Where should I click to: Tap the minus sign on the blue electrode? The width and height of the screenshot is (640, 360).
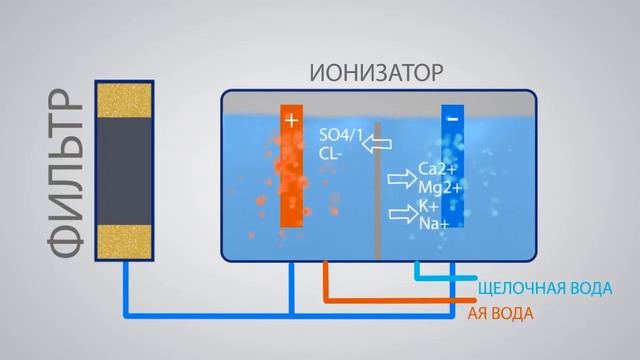point(453,119)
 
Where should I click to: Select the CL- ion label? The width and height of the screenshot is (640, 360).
point(332,154)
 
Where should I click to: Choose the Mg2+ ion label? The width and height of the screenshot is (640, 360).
point(439,187)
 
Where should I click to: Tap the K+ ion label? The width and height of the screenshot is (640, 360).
point(428,205)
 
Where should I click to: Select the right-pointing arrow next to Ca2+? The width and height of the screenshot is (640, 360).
point(399,177)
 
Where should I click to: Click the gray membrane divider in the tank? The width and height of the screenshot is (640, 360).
point(377,190)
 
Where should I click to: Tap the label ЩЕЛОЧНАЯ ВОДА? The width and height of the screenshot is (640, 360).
point(547,289)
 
